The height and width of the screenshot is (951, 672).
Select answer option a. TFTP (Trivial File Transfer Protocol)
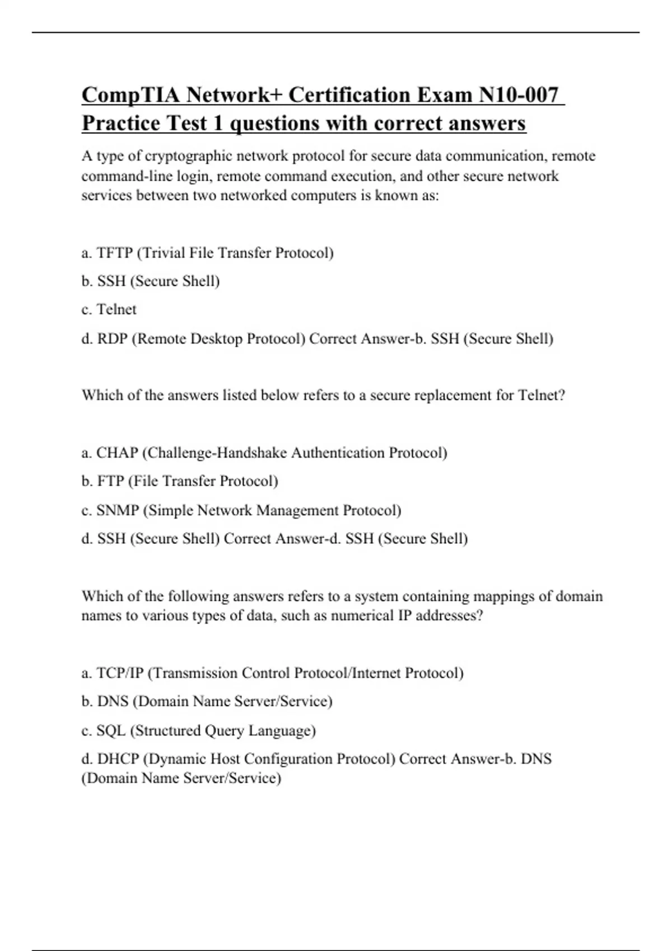tap(207, 253)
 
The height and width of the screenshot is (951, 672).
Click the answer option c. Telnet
tap(109, 309)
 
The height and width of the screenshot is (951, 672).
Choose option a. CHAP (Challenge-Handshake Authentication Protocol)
tap(264, 452)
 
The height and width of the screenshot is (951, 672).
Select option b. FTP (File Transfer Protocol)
tap(180, 481)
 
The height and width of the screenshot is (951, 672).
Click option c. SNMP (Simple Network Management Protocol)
tap(241, 510)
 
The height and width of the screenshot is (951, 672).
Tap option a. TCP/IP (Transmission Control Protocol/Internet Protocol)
tap(272, 672)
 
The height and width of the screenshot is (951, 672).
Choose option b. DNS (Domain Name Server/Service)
tap(207, 701)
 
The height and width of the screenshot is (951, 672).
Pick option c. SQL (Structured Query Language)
tap(198, 730)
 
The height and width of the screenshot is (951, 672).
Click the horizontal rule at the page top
tap(336, 32)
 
